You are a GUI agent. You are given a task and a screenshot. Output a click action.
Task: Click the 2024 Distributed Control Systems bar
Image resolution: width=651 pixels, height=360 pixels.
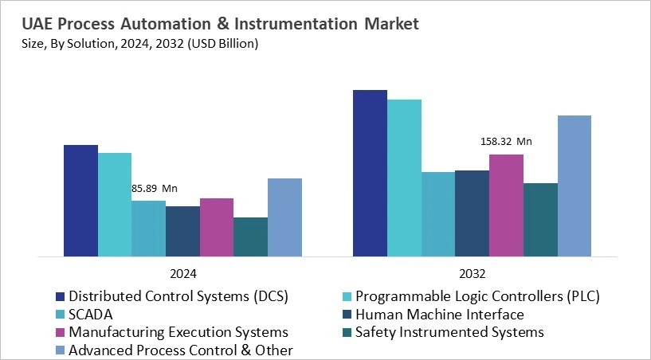pos(80,201)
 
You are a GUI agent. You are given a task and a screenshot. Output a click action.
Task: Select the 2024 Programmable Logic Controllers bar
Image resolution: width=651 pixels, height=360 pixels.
pos(115,205)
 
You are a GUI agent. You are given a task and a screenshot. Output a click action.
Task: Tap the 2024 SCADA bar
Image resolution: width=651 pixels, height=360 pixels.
pos(148,229)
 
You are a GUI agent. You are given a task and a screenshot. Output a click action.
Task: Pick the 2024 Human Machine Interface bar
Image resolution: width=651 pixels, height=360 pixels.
pos(182,231)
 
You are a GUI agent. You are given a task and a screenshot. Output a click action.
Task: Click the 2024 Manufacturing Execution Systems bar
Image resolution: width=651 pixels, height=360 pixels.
pos(217,227)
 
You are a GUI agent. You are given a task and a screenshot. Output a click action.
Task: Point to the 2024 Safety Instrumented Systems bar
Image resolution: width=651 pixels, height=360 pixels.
pos(250,237)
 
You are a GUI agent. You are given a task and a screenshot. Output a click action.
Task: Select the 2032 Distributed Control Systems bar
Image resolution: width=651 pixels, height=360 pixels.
pos(370,173)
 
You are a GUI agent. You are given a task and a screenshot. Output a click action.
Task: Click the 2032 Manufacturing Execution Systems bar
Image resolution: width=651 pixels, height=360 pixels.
pos(506,205)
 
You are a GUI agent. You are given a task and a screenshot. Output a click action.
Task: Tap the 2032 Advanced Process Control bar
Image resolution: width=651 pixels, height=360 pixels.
pos(574,186)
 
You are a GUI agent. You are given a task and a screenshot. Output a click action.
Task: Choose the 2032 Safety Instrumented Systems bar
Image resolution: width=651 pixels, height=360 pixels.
pos(540,220)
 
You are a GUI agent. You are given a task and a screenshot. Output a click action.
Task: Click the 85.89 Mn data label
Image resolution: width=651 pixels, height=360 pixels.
pos(155,189)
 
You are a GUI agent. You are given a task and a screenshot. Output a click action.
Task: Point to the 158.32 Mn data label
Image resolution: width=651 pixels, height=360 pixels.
pos(506,142)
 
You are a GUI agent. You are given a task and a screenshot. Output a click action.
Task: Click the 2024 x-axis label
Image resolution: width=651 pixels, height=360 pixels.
pos(182,272)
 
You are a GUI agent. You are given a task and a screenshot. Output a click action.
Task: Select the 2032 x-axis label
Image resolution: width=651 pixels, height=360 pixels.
pos(473,272)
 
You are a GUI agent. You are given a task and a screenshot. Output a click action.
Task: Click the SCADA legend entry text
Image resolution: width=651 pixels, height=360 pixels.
pos(91,314)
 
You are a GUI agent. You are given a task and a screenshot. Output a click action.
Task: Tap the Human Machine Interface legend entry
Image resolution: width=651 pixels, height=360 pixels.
pos(440,314)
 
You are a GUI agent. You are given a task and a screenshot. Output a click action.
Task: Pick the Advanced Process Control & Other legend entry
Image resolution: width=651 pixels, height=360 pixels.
pos(181,350)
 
